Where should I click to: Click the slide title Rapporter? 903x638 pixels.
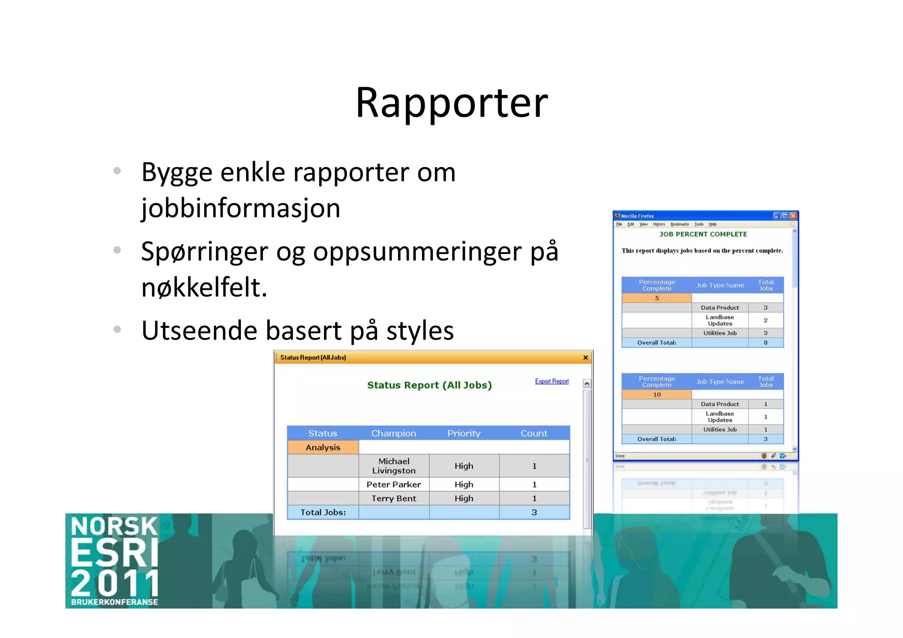point(451,103)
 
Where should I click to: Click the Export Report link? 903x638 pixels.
point(552,381)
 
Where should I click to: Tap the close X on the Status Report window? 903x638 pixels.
point(586,358)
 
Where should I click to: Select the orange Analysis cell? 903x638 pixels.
point(323,448)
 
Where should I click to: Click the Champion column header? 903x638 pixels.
point(393,433)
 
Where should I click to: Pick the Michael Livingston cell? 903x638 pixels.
point(394,466)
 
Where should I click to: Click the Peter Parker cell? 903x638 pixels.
point(394,485)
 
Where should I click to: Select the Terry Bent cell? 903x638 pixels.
point(394,499)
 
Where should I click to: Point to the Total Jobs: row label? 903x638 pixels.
point(323,512)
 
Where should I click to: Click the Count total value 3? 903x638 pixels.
point(534,512)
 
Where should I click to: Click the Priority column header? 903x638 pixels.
point(464,433)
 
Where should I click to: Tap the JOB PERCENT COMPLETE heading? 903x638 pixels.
point(703,234)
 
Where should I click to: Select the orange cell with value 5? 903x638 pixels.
point(657,298)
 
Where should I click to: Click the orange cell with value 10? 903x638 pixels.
point(657,395)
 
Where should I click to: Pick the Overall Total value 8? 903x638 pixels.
point(765,343)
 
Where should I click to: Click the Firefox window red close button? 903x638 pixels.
point(793,216)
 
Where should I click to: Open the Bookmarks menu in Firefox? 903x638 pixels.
point(679,224)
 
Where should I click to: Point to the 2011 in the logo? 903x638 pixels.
point(115,582)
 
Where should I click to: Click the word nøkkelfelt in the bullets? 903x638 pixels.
point(204,287)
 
